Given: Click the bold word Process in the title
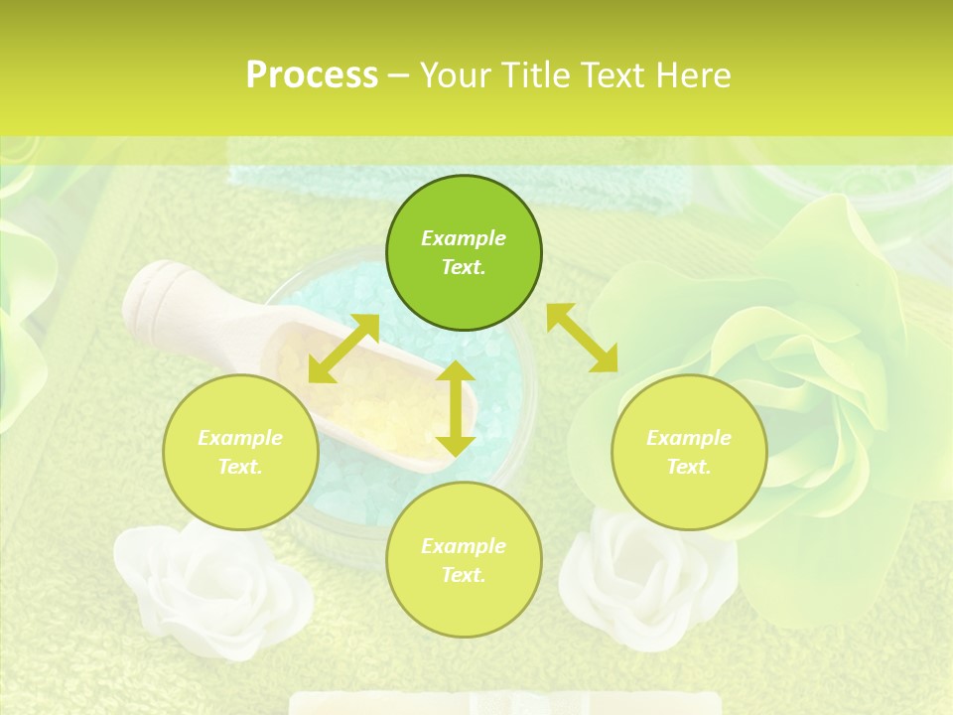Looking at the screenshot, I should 312,75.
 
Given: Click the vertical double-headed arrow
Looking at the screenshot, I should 455,408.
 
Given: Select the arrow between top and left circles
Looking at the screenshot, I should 343,349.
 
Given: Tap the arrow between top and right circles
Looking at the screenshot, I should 582,338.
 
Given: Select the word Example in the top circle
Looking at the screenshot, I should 464,238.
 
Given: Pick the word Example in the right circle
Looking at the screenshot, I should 689,438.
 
